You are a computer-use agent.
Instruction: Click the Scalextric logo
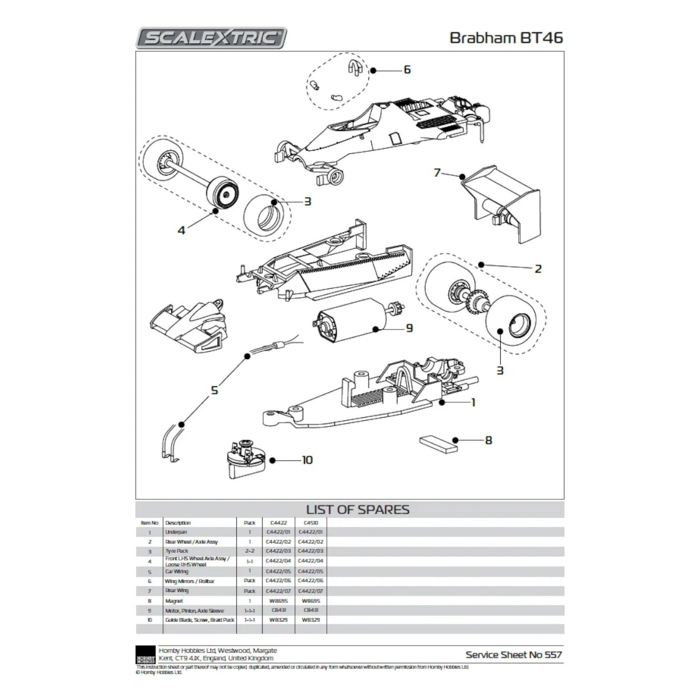[x=211, y=38]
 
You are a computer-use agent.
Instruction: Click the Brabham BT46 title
[x=506, y=38]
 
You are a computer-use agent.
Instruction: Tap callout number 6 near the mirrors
[x=407, y=70]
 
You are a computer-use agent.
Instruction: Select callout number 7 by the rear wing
[x=437, y=173]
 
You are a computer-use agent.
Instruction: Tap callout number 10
[x=307, y=460]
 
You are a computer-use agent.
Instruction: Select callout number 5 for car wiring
[x=215, y=390]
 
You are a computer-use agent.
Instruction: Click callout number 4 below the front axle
[x=181, y=231]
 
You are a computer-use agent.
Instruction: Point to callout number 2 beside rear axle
[x=538, y=269]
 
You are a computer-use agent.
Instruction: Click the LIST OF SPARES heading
[x=357, y=510]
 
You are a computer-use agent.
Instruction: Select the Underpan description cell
[x=176, y=532]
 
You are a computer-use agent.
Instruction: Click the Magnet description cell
[x=174, y=601]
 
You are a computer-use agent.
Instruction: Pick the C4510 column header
[x=311, y=523]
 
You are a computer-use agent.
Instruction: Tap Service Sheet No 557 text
[x=513, y=655]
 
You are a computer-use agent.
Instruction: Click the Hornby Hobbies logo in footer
[x=145, y=654]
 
